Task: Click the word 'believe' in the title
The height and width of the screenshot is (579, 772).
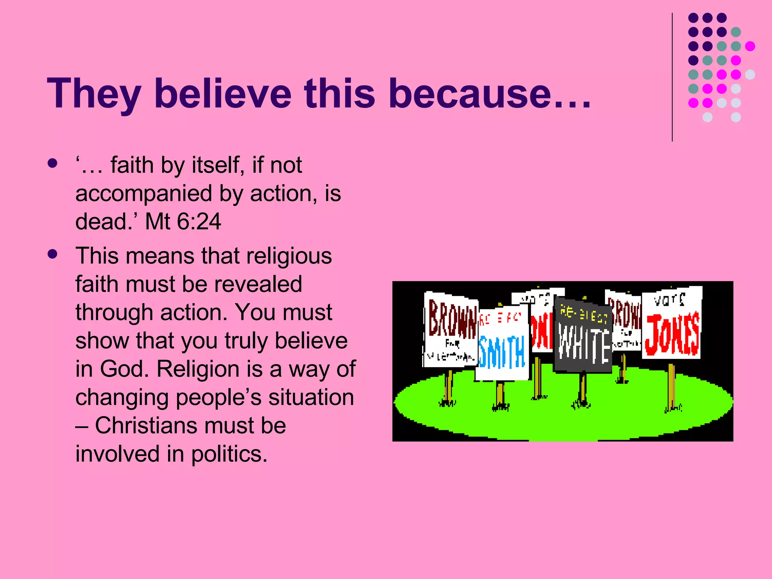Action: [223, 93]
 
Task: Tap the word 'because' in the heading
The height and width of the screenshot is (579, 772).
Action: [469, 93]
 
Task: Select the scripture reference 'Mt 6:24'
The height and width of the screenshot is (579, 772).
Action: [183, 221]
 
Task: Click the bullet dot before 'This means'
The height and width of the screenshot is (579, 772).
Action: [53, 254]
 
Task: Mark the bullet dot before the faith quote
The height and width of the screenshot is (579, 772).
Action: [53, 163]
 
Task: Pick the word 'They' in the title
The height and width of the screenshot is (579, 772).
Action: [94, 93]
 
